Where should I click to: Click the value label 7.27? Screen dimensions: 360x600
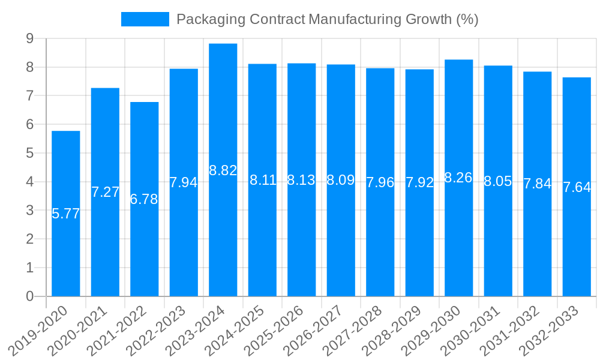pos(105,192)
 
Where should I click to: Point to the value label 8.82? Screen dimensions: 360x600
pos(223,170)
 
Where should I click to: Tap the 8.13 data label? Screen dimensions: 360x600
pos(301,180)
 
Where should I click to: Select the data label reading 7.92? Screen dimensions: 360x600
pos(419,182)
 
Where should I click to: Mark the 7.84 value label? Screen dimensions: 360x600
pos(537,184)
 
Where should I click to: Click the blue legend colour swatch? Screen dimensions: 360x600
pos(145,19)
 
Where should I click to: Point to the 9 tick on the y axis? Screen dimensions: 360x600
pos(29,39)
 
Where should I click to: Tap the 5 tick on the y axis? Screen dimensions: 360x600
pos(29,153)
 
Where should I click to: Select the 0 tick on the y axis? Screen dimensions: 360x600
pos(29,296)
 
